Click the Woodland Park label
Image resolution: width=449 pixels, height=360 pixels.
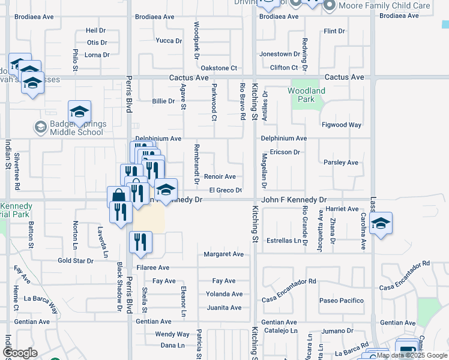pos(306,95)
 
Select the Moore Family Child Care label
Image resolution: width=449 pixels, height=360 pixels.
pos(384,5)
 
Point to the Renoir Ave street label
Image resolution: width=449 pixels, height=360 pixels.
pos(220,176)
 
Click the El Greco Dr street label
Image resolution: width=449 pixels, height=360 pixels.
pos(225,190)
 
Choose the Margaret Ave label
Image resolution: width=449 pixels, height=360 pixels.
pos(223,254)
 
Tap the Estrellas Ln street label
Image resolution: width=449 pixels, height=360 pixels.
pos(284,241)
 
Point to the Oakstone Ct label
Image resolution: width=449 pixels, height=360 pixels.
pos(219,68)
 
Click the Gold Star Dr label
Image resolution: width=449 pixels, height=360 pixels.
pos(76,261)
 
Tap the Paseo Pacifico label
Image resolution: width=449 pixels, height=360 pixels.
pos(342,300)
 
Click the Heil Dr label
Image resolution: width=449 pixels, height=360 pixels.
pos(95,30)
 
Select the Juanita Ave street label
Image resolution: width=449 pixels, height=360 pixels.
pos(223,308)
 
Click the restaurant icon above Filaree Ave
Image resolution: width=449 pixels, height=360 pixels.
pos(140,242)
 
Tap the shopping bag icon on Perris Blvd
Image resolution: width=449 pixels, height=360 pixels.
pos(119,196)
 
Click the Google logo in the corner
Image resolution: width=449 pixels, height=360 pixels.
pos(20,352)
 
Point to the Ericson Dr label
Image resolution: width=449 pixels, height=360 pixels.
pos(285,152)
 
